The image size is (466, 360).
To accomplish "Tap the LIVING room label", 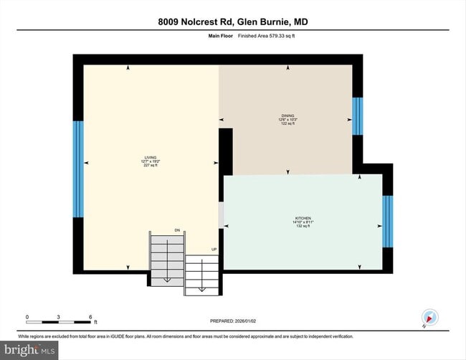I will coord(150,157).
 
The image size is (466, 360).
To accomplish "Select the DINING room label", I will coord(287,116).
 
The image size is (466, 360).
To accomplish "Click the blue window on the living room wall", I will coord(78,169).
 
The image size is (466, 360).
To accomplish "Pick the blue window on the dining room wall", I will coord(357,115).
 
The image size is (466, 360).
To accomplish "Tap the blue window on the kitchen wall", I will coord(387,221).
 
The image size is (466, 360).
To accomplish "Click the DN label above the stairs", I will coord(177,230).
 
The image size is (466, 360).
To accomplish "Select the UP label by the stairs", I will coord(213,250).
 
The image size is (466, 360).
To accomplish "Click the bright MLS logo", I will coord(29,350).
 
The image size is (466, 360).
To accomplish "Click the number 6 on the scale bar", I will coord(90,316).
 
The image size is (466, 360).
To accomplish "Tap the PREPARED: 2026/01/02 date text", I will coord(233,322).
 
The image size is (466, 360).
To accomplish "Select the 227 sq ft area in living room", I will coord(150,165).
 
